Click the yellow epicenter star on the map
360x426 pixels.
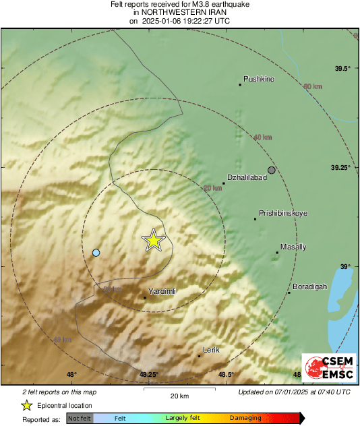pyautogui.click(x=154, y=240)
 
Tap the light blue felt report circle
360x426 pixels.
pyautogui.click(x=96, y=253)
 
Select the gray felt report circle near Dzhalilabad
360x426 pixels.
pyautogui.click(x=272, y=170)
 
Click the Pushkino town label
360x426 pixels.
pyautogui.click(x=259, y=79)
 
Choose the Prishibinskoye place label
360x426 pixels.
pyautogui.click(x=283, y=213)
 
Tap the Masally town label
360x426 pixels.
pyautogui.click(x=293, y=247)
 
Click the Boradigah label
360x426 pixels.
pyautogui.click(x=309, y=286)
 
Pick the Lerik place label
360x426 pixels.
pyautogui.click(x=212, y=349)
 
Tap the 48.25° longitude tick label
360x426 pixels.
pyautogui.click(x=148, y=375)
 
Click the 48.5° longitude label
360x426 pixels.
pyautogui.click(x=226, y=375)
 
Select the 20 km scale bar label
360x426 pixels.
pyautogui.click(x=179, y=395)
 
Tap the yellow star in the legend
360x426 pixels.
pyautogui.click(x=27, y=405)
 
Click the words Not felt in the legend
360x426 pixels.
pyautogui.click(x=80, y=419)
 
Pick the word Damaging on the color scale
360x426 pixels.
pyautogui.click(x=245, y=419)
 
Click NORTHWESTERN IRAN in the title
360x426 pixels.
pyautogui.click(x=179, y=12)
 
